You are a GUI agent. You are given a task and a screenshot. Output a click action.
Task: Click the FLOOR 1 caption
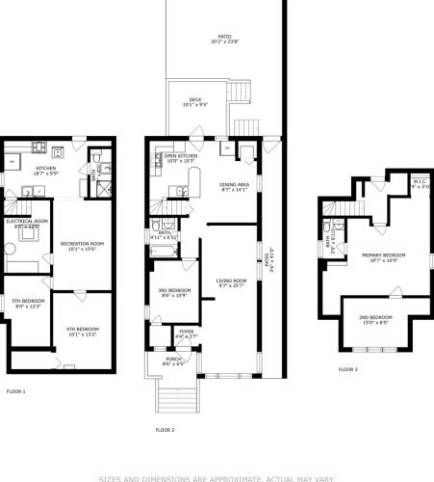[16, 391]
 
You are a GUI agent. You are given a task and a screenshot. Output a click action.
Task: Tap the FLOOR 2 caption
[165, 429]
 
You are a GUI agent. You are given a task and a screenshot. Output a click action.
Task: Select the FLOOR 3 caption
[347, 369]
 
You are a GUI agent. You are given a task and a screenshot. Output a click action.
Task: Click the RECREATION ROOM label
[82, 246]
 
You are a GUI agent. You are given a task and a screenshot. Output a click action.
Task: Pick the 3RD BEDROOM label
[174, 293]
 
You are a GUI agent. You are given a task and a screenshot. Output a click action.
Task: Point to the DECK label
[195, 100]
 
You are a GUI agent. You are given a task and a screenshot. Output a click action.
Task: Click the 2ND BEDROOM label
[374, 318]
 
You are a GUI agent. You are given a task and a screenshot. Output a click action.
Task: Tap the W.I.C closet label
[420, 184]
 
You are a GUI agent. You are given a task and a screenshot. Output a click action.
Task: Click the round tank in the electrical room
[12, 248]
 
